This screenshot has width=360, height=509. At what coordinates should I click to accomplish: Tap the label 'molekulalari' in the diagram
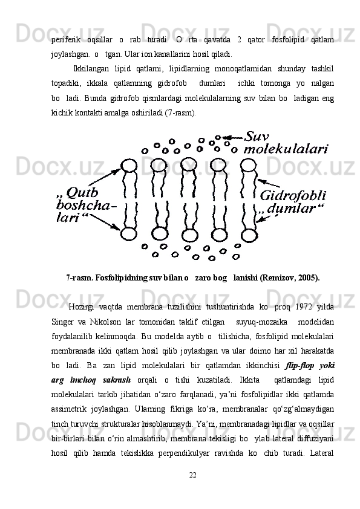286,149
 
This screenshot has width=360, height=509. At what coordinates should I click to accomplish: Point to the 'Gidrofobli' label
293,196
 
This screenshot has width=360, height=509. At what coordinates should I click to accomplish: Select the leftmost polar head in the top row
129,166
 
